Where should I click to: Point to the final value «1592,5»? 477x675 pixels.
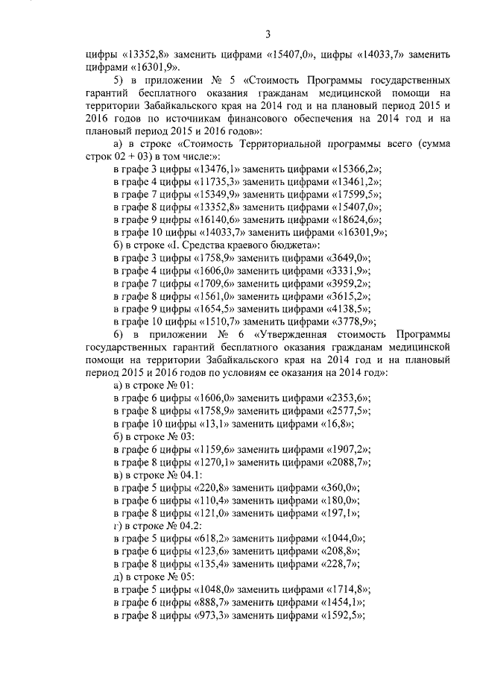[x=350, y=615]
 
